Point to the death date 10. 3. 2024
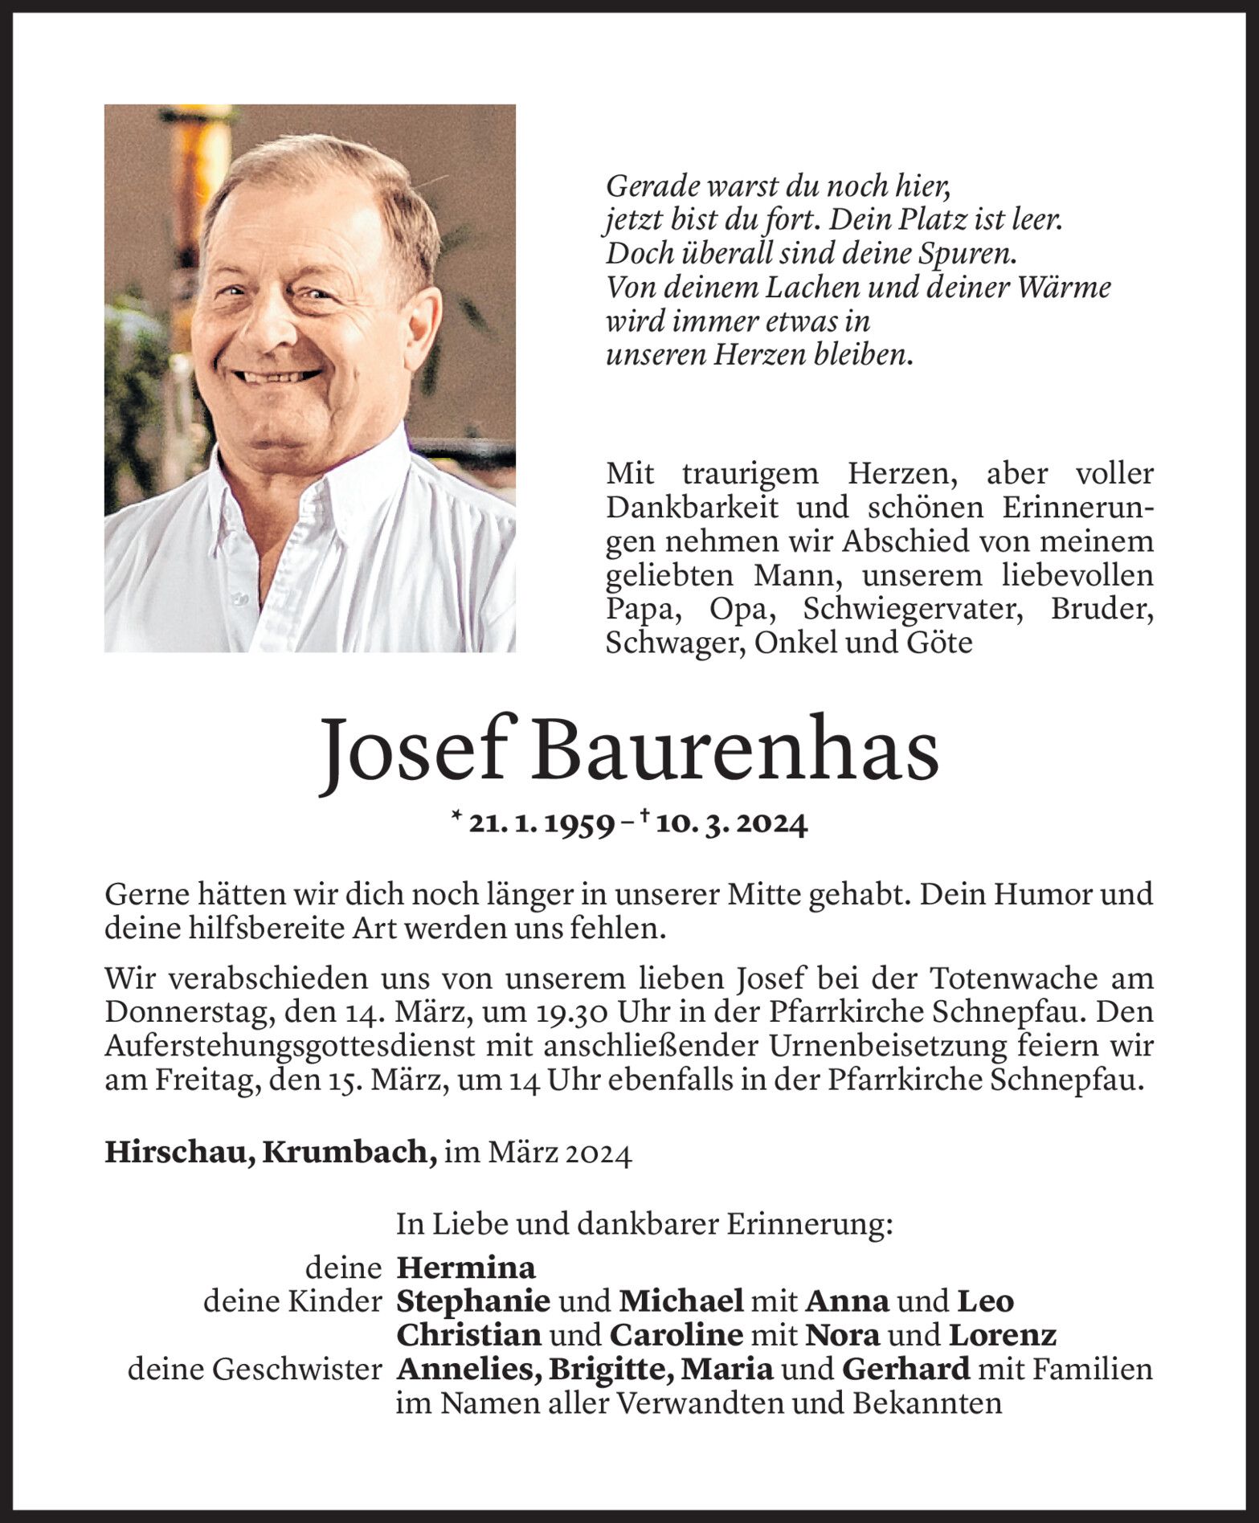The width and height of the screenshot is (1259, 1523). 730,825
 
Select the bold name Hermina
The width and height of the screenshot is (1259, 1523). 466,1268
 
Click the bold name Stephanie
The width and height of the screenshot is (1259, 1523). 473,1301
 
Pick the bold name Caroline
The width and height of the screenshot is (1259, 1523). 675,1335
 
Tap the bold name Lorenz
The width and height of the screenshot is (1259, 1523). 1002,1335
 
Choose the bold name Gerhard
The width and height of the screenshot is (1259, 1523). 905,1369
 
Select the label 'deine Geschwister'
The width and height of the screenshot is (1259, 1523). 255,1369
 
